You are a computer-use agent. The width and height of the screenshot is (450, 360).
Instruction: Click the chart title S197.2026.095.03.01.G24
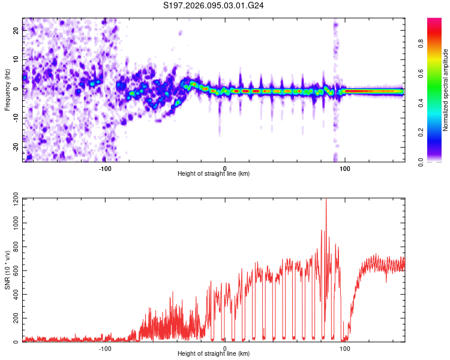(214, 5)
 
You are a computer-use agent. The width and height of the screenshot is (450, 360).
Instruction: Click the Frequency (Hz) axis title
(7, 90)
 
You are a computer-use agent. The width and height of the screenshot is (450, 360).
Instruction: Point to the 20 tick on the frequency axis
(16, 31)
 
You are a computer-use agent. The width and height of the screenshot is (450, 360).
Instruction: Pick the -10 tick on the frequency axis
(15, 118)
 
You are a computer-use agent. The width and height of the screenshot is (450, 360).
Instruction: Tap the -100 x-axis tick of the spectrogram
(105, 167)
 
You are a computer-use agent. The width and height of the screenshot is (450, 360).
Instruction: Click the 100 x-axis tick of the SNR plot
(345, 348)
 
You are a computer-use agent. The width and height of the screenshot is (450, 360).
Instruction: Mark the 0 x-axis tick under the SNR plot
(225, 348)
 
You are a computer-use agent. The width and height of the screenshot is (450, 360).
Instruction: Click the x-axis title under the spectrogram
(214, 174)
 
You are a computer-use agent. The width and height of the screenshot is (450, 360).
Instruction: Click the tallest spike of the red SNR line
(326, 200)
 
